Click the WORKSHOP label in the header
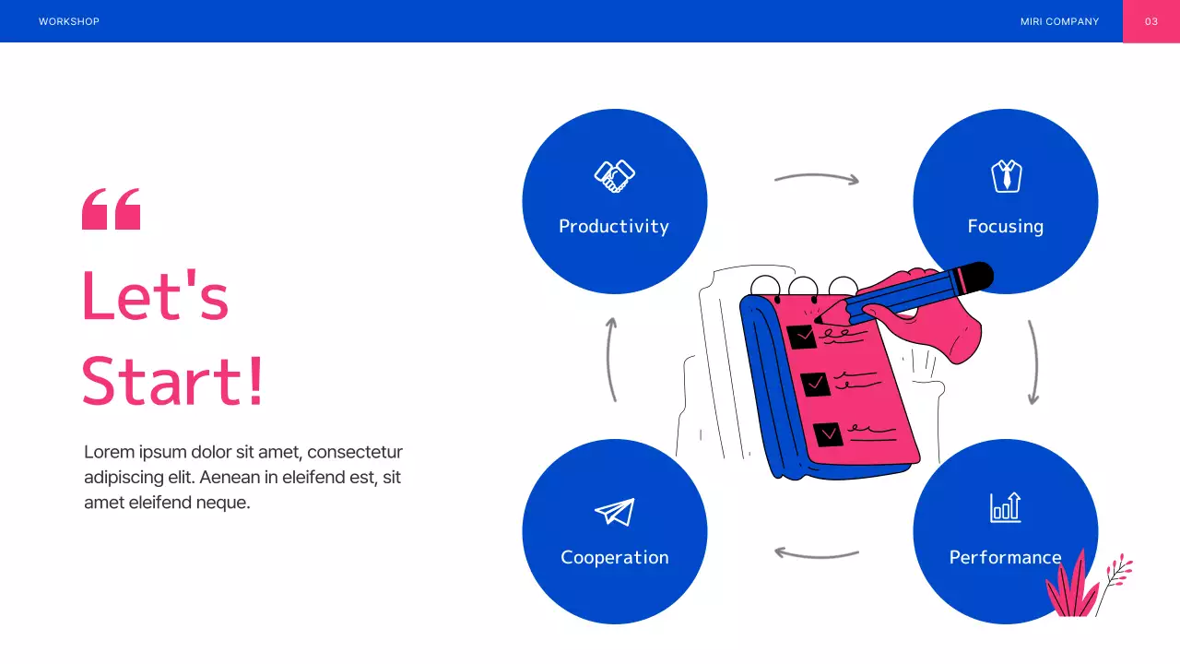coord(69,21)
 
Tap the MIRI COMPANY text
coord(1059,21)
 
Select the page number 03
coord(1150,21)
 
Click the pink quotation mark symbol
coord(112,209)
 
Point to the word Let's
coord(155,296)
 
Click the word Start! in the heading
coord(172,381)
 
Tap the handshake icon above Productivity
coord(615,175)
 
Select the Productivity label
coord(614,226)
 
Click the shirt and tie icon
coord(1006,175)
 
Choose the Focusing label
coord(1005,226)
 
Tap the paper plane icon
coord(615,512)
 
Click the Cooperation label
coord(615,557)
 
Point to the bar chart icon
coord(1005,507)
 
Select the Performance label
coord(1005,557)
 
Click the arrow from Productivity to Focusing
coord(817,177)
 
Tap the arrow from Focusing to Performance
coord(1033,362)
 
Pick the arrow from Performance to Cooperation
coord(816,554)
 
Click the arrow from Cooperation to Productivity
coord(610,360)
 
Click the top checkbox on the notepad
coord(802,336)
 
